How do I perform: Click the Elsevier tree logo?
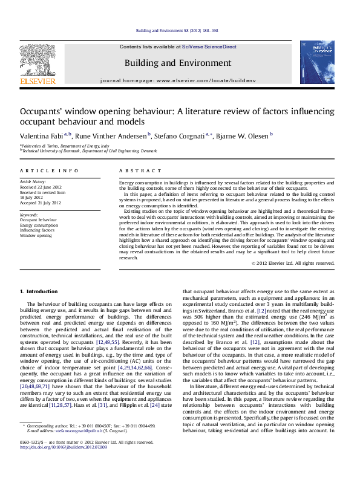pos(38,59)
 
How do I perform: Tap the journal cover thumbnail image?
pos(316,62)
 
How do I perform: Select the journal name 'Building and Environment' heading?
pos(177,63)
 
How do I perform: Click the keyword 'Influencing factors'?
pos(36,230)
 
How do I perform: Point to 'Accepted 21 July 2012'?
pos(41,202)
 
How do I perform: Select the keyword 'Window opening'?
pos(36,235)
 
